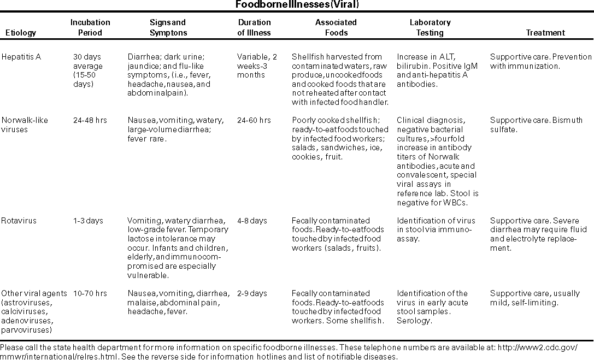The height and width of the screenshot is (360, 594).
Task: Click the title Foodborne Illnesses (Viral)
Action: [x=297, y=5]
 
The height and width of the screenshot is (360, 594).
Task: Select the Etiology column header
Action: [x=21, y=33]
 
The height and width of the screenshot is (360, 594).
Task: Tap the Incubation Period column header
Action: [x=90, y=27]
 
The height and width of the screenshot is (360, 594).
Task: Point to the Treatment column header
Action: [x=545, y=33]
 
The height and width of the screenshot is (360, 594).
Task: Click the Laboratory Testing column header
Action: [x=430, y=27]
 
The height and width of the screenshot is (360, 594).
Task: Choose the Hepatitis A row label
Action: [x=21, y=56]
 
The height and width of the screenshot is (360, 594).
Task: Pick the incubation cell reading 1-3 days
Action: [x=88, y=221]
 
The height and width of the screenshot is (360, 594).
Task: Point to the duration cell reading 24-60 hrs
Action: [x=254, y=120]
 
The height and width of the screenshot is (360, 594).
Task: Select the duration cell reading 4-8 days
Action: [x=252, y=221]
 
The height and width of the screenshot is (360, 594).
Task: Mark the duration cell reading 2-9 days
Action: [x=252, y=293]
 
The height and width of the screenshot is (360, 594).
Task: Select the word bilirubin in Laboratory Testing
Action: [x=413, y=66]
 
